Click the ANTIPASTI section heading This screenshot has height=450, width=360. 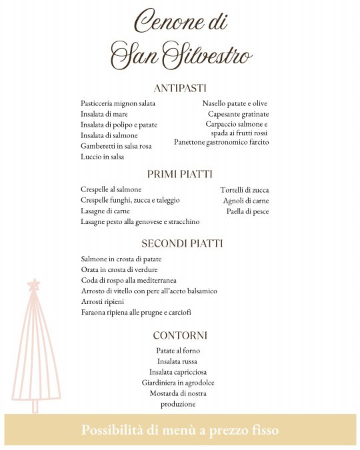point(180,88)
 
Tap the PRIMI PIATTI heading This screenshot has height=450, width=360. point(180,174)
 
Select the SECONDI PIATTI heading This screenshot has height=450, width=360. point(182,243)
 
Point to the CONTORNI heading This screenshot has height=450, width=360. point(180,335)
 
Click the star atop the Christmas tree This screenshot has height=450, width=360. point(34,285)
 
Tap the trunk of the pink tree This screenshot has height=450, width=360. point(35,405)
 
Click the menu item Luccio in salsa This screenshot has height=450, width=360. point(103,157)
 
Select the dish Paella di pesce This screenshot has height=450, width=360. point(247,211)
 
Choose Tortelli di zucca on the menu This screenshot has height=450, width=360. point(245,190)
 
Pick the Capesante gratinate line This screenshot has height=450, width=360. point(237,114)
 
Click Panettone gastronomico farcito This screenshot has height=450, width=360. point(221,142)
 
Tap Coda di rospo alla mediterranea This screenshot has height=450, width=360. point(129,281)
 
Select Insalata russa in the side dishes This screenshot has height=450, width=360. point(177,361)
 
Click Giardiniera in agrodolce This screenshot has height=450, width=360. point(178,383)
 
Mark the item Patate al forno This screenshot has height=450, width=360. point(178,351)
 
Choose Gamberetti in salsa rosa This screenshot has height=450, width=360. point(116,146)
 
